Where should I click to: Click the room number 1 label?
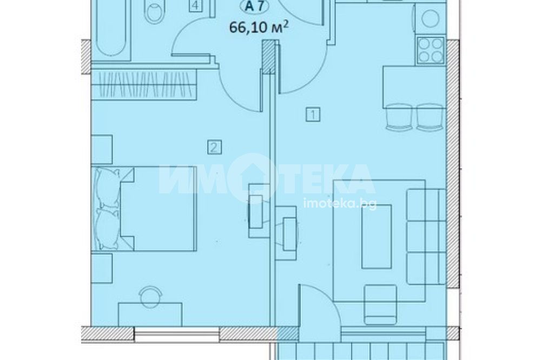point(313,114)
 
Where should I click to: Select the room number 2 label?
point(214,148)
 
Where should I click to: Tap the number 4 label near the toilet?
point(195,6)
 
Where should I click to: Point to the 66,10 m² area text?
point(259,27)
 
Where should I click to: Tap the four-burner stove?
point(431,50)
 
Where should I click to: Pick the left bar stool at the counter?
point(399,117)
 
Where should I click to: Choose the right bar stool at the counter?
point(430,117)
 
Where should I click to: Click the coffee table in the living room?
point(377,237)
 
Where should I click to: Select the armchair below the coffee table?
point(380,304)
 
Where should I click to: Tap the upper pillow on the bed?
point(108,188)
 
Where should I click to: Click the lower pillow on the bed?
point(108,229)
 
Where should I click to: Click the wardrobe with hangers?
point(144,84)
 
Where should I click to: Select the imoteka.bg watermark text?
point(340,203)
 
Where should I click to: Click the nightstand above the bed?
point(102,151)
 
